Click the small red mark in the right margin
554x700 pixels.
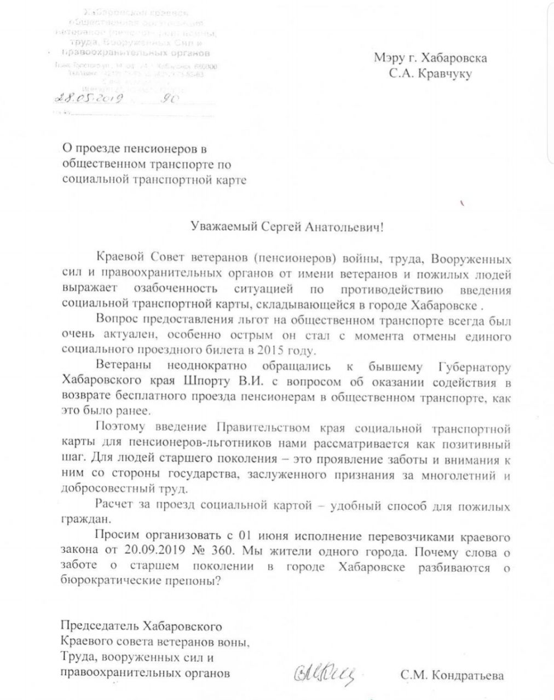[463, 203]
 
